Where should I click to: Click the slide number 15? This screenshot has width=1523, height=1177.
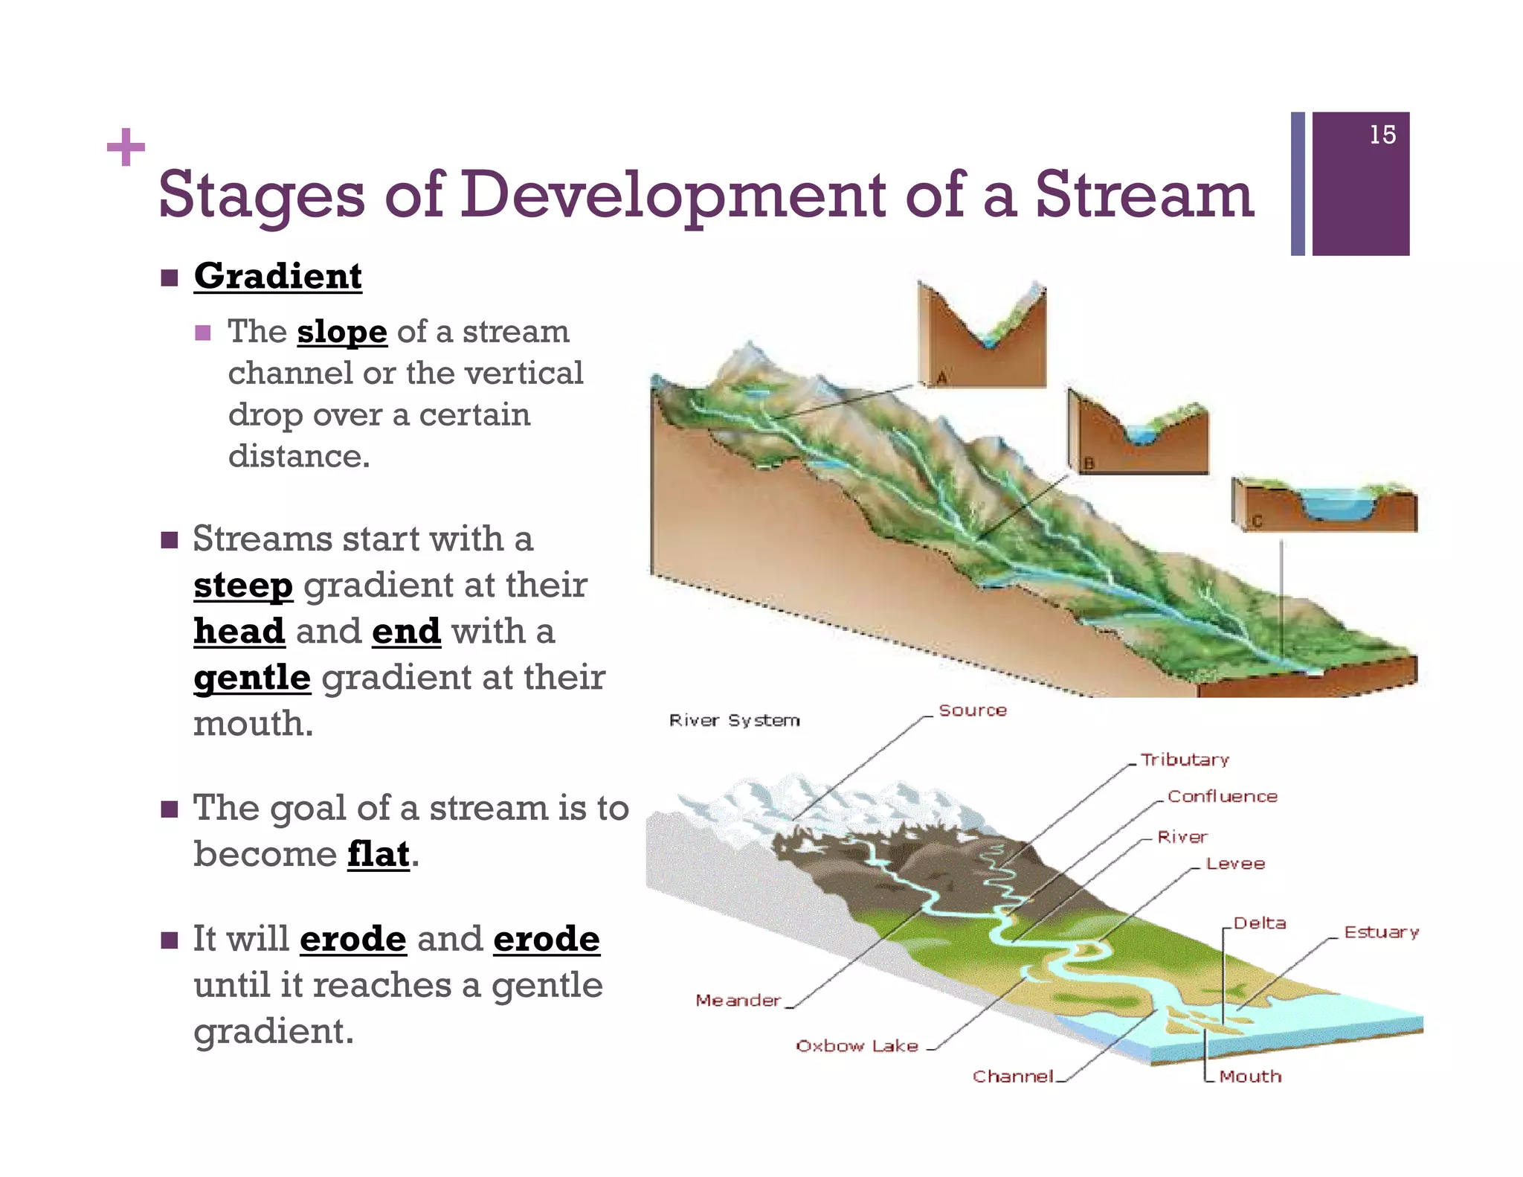pos(1382,135)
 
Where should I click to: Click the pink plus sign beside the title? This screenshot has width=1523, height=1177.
pos(126,147)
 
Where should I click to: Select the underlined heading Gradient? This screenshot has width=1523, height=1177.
pos(277,276)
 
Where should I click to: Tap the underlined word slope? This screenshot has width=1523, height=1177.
pos(342,332)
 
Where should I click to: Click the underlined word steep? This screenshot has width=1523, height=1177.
pos(243,586)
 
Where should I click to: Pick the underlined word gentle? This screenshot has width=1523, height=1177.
pos(252,678)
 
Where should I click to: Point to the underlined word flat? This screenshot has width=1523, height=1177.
pos(379,854)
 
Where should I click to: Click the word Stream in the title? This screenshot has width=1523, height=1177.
pos(1144,195)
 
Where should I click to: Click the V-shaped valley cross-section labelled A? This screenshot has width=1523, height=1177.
pos(982,335)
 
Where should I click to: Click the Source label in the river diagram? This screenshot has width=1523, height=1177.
pos(972,710)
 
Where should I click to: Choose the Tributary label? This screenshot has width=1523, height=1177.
pos(1185,760)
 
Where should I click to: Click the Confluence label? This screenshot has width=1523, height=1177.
pos(1222,796)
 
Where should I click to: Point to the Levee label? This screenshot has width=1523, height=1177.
pos(1235,864)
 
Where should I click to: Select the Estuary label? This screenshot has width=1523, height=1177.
pos(1381,932)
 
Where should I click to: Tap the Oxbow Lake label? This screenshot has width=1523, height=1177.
pos(857,1046)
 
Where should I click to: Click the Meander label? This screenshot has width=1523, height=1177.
pos(738,1001)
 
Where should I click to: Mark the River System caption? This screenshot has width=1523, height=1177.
pos(734,720)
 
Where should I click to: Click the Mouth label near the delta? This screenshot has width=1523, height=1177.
pos(1250,1077)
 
